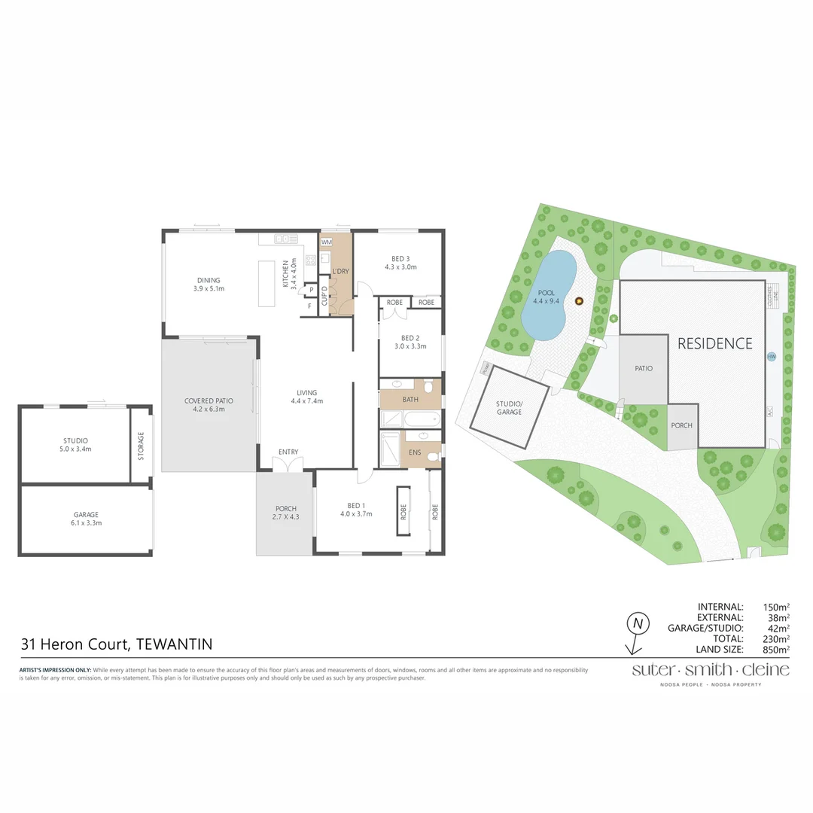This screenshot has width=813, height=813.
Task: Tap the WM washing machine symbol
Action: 327,242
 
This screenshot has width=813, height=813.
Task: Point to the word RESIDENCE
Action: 714,344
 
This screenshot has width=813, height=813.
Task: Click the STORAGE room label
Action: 141,446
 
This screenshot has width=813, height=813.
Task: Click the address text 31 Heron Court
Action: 75,644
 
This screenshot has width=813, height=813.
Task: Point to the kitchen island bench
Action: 267,283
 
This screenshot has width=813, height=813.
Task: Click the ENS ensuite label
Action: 415,452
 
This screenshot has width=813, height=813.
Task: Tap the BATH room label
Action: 410,400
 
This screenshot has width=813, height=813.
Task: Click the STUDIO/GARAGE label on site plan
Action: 509,408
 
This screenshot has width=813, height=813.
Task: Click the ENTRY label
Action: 288,452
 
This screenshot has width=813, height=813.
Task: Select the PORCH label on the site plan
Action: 681,425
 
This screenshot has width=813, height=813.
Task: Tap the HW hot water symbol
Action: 771,357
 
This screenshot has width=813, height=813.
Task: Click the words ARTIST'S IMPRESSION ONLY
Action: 54,670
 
